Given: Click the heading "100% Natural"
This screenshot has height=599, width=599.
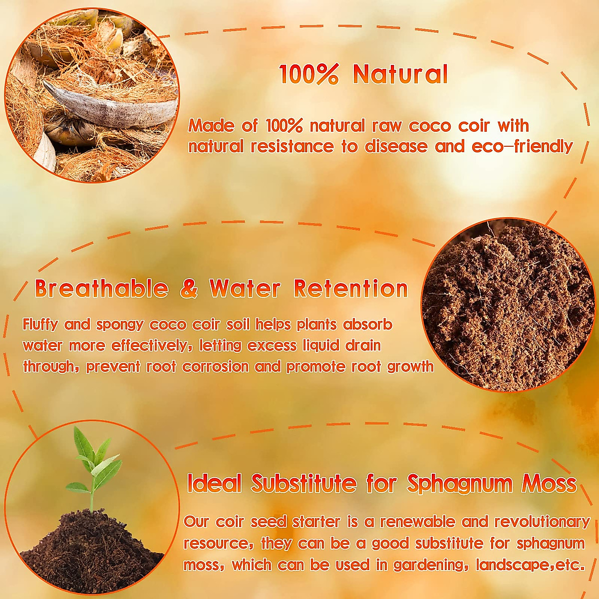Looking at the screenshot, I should (363, 74).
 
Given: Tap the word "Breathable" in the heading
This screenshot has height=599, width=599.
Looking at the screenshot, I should (102, 289).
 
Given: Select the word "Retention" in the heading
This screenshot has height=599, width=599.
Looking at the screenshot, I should (351, 289).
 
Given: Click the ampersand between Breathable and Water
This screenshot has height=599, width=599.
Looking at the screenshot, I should (189, 289).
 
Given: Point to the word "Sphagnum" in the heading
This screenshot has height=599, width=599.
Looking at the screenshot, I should (460, 483).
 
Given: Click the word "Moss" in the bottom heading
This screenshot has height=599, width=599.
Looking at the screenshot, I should (549, 483).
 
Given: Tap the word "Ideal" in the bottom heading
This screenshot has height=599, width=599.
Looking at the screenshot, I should (214, 483).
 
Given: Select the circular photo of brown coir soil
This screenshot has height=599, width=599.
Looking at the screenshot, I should (508, 305).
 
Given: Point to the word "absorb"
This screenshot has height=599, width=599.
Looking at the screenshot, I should (368, 325).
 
